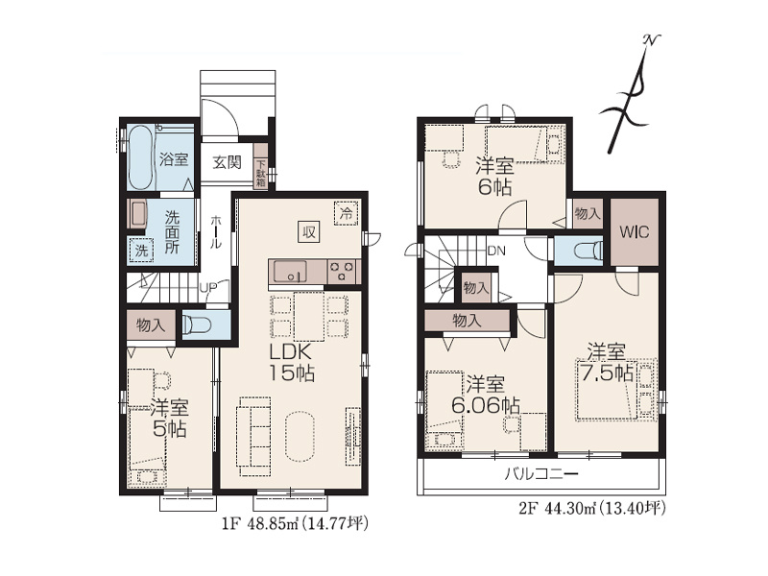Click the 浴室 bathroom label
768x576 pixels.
coord(174,159)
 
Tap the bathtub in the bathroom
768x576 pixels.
coord(140,158)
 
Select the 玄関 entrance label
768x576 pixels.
coord(228,161)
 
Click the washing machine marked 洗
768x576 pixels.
coord(141,251)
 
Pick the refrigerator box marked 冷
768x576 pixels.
coord(347,213)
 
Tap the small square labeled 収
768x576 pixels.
coord(308,232)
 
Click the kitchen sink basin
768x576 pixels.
coord(290,272)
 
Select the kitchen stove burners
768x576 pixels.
coord(342,272)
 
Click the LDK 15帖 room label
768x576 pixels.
coord(291,363)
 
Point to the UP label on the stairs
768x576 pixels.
coord(208,287)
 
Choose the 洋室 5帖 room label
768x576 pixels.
coord(170,418)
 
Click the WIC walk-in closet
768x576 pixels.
coord(635,231)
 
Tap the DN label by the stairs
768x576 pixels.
coord(496,251)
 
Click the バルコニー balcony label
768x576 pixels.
coord(541,473)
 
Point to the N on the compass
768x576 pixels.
coord(652,40)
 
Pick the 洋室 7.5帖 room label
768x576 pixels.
coord(607,363)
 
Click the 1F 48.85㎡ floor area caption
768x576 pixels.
coord(261,524)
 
